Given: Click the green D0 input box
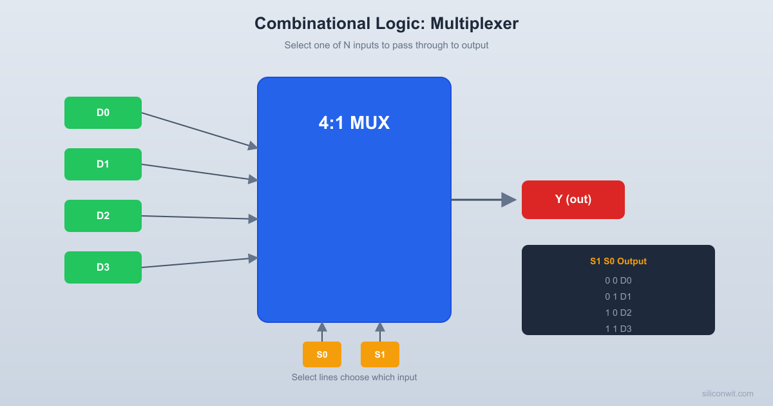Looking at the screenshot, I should click(x=103, y=113).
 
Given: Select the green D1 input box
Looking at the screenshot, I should click(x=103, y=164).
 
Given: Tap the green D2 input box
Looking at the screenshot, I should click(x=103, y=216).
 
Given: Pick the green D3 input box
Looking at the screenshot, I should click(x=103, y=267).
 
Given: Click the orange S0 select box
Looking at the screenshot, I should click(x=322, y=354).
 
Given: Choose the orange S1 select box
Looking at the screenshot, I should click(x=380, y=354).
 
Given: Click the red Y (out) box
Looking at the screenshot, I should click(x=573, y=200).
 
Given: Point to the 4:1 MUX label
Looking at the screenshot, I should click(x=354, y=122).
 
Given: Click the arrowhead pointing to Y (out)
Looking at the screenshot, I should click(x=509, y=200).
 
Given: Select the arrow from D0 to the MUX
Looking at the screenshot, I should click(x=196, y=130).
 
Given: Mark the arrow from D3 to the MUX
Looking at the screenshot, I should click(x=196, y=262).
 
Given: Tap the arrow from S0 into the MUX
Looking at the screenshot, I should click(x=322, y=331).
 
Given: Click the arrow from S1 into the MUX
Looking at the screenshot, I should click(x=380, y=331).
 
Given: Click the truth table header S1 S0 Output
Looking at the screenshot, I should click(x=618, y=261).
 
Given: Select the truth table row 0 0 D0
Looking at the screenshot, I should click(x=618, y=280).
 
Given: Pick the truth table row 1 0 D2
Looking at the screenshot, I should click(x=618, y=313).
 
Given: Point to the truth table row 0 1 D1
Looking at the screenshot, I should click(x=618, y=296).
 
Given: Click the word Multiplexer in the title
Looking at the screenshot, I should click(x=474, y=23).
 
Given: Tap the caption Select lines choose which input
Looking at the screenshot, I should click(x=354, y=377).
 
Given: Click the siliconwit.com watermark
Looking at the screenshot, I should click(x=727, y=393).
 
